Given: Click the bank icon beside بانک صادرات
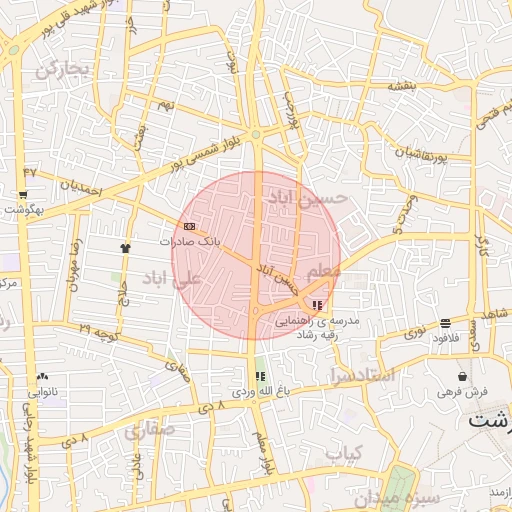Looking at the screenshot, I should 189,226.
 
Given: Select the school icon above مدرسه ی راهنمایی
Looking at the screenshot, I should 317,305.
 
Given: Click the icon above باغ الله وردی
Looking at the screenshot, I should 261,377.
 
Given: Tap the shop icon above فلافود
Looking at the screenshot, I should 445,323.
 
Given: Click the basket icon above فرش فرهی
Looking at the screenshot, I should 462,376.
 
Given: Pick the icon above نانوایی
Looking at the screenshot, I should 42,377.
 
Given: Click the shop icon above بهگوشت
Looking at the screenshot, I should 23,195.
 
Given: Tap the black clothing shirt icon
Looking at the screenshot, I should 125,247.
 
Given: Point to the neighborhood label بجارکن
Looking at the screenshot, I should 63,68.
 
